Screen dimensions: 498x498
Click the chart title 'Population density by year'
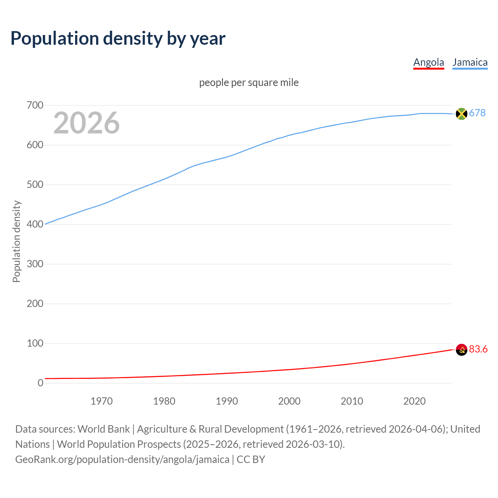[118, 39]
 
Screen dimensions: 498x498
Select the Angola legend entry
[428, 62]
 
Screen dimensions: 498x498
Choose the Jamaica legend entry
[470, 62]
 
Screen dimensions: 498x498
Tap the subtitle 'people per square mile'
[249, 82]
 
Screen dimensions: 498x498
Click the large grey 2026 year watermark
[86, 123]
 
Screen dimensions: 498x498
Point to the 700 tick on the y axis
[35, 105]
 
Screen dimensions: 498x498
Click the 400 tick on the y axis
[35, 224]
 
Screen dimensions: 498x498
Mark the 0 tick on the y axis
[40, 383]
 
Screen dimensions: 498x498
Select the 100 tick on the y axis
[35, 344]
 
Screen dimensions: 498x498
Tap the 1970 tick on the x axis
[102, 401]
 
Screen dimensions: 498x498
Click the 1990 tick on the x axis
[227, 401]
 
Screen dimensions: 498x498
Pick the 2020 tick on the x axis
[414, 401]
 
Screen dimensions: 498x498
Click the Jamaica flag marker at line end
[461, 114]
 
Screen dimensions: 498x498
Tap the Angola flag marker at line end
[461, 350]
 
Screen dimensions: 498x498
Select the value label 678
[477, 113]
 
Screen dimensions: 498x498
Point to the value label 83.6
[478, 349]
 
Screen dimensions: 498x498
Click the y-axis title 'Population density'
[16, 241]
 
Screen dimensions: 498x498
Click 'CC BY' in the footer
[251, 459]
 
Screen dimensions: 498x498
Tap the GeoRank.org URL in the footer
[122, 459]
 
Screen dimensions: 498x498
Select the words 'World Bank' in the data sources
[103, 429]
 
